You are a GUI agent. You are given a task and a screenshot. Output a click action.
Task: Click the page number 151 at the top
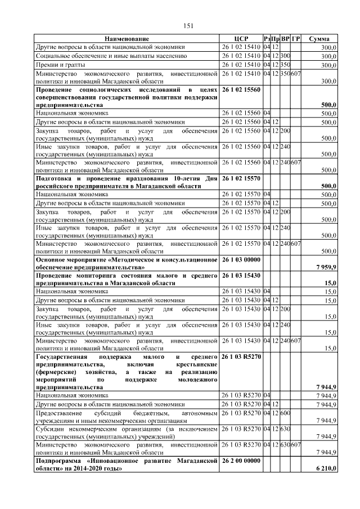(x=189, y=25)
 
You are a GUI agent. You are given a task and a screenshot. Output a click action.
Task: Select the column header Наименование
(x=127, y=39)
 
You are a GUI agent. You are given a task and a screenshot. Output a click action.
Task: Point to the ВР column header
(x=285, y=39)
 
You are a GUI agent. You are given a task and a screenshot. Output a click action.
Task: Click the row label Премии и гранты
(x=58, y=65)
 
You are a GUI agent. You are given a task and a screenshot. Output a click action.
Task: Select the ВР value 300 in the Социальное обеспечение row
(x=285, y=56)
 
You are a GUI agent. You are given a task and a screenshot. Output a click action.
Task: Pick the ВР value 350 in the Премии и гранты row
(x=285, y=65)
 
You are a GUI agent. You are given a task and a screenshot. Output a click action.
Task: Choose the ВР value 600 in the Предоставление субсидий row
(x=285, y=413)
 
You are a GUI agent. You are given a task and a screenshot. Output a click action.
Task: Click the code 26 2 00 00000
(x=241, y=461)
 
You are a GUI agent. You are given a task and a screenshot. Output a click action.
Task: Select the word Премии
(x=47, y=65)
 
